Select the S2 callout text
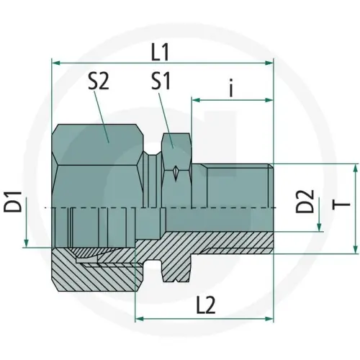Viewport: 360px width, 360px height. coord(99,83)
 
